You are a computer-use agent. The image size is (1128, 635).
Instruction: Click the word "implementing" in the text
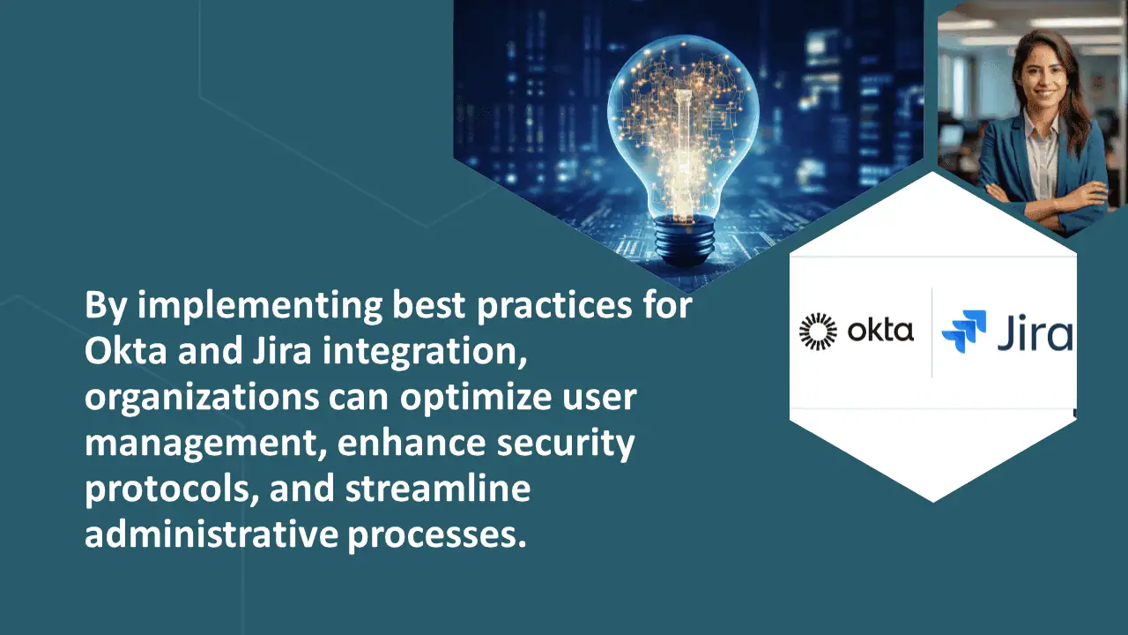point(260,306)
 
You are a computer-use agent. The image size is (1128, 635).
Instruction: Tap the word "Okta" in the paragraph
point(125,350)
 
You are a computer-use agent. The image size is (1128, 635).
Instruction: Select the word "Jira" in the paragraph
point(282,350)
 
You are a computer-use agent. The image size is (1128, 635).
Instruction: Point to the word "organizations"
point(202,398)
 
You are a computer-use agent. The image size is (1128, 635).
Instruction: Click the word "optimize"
point(476,398)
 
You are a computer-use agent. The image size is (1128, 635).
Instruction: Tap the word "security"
point(566,444)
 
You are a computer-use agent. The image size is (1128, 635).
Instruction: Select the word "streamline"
point(438,488)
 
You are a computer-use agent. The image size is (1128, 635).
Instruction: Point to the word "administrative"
point(211,534)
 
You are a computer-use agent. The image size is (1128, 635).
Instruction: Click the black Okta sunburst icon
point(819,331)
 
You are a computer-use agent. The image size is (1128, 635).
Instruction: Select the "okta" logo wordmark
point(880,330)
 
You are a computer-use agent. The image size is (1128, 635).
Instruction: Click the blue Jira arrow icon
point(964,331)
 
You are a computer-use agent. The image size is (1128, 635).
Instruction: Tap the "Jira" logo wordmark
point(1035,332)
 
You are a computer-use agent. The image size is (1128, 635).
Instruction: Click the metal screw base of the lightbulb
point(685,241)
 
